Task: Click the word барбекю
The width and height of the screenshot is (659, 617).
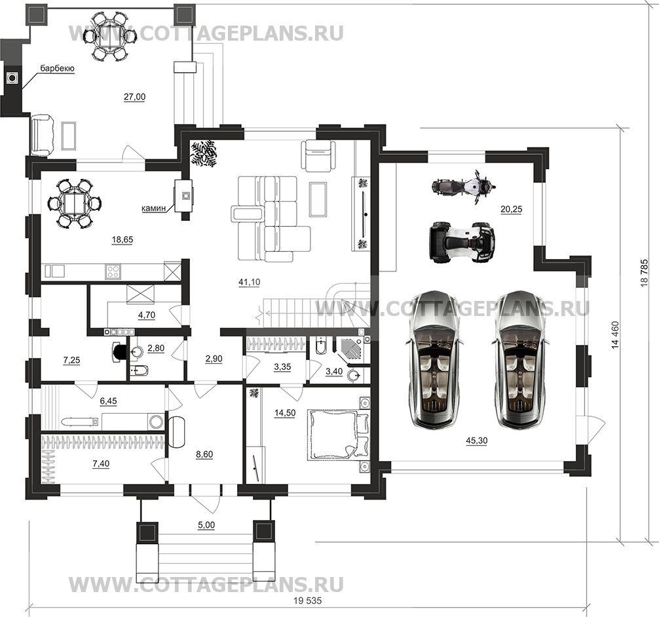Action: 56,69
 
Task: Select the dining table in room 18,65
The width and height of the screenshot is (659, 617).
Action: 75,203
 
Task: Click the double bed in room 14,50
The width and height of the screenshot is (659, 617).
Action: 335,433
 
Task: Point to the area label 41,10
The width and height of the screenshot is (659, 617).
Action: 248,281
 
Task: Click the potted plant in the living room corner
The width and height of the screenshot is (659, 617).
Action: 205,154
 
